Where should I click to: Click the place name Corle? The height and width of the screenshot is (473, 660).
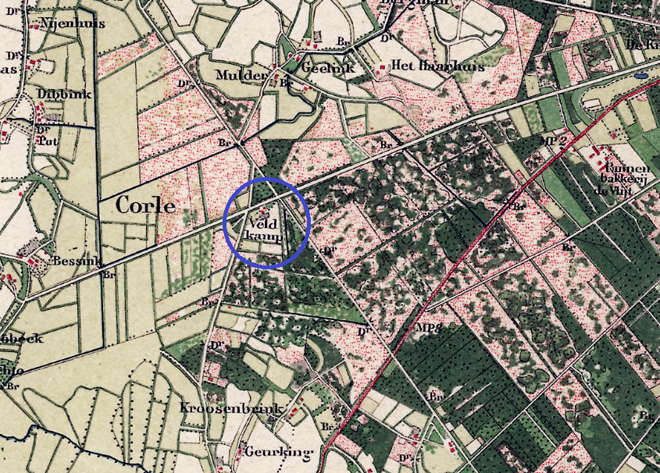coord(145,205)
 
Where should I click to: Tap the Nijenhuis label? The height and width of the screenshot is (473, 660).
coord(61,23)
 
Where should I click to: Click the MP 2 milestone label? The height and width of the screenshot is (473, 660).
coord(552,140)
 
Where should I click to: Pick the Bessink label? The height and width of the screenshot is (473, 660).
coord(75,261)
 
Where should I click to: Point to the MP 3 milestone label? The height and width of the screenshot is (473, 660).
coord(430,329)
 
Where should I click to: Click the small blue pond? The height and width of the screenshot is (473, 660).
coord(640,77)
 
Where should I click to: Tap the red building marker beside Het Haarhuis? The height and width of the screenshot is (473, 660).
coord(382,68)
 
